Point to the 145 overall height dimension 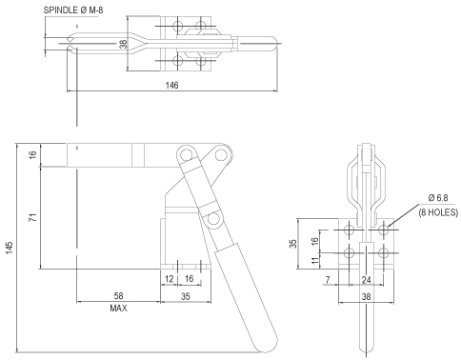[9, 246]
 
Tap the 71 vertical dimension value [31, 218]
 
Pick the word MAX [118, 310]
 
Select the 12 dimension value [169, 278]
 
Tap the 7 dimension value [327, 281]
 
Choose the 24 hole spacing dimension [365, 281]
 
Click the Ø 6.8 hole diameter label [435, 198]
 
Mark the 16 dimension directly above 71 [31, 154]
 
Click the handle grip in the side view [246, 295]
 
